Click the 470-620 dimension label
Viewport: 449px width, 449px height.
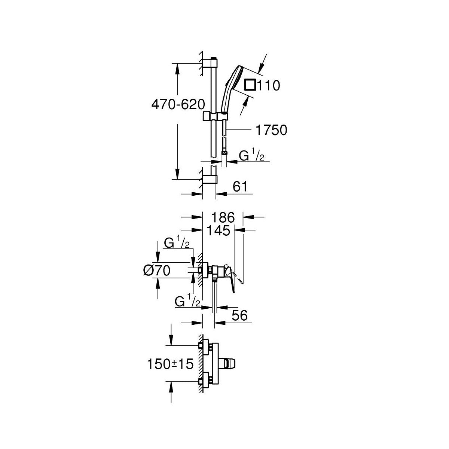178,104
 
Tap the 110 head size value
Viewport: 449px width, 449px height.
269,85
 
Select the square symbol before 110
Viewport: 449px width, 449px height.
250,85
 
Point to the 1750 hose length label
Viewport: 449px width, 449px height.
271,130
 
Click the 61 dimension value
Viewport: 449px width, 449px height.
240,187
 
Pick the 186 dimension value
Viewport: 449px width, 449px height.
223,218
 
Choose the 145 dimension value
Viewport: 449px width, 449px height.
218,231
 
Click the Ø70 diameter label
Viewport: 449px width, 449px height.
157,271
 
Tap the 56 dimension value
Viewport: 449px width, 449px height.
239,315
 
